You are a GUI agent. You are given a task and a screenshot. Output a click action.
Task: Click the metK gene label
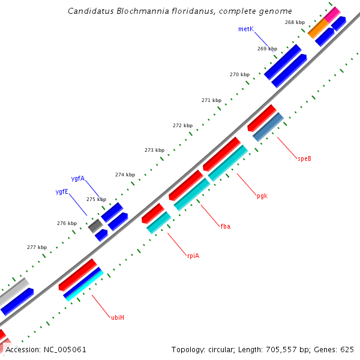246,29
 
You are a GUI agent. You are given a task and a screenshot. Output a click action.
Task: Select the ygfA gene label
78,178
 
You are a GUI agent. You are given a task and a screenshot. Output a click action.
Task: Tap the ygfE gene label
62,191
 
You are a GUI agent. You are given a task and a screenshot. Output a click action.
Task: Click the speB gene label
305,158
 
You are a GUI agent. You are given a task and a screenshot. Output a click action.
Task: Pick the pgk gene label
262,196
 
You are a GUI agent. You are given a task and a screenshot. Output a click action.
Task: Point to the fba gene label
226,226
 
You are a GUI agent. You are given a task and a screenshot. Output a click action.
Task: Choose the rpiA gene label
193,256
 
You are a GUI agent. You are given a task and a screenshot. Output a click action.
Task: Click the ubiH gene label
118,317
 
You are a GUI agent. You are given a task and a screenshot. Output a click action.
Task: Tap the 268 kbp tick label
295,22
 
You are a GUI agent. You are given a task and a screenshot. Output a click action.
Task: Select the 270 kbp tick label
239,74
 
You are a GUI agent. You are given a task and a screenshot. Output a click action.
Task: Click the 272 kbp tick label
182,125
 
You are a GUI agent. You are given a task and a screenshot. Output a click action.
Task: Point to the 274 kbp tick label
125,175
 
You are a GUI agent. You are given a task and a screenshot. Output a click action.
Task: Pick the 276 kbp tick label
67,223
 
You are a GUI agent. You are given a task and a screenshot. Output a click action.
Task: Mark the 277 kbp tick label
37,247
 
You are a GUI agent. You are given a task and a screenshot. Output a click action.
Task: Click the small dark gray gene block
95,226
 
